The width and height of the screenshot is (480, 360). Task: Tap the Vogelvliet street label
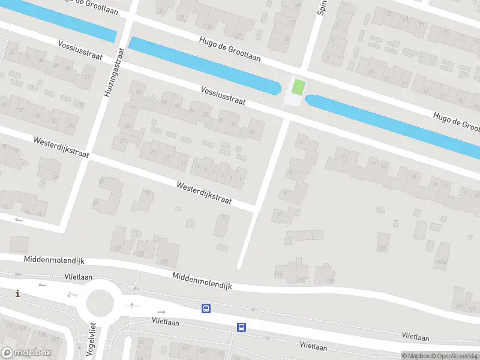coord(92,340)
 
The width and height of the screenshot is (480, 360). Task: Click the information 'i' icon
coord(18,293)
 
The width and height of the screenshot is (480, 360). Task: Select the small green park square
coord(297,87)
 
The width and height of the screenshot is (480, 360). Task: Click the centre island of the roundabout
coord(100,303)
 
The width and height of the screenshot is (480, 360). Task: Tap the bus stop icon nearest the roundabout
coord(206,308)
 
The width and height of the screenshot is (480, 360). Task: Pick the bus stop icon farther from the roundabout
coord(241,327)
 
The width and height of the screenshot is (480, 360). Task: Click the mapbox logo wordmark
coord(27,353)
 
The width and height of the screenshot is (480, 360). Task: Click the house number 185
coord(330,280)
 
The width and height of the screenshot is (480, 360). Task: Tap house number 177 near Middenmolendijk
coord(164,262)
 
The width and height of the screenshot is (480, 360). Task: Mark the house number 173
coord(140,254)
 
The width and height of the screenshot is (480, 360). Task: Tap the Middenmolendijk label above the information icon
coord(54,260)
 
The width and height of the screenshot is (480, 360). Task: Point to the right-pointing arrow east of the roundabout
coord(161,312)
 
